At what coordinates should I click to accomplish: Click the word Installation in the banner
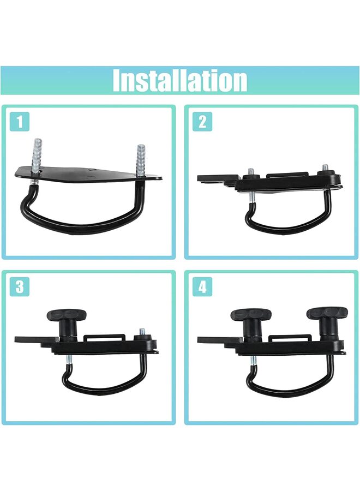[180, 81]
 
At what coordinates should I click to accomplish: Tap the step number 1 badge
[20, 122]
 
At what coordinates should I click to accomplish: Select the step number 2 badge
[203, 122]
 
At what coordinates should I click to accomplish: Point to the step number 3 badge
[20, 286]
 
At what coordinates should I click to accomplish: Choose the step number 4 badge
[203, 286]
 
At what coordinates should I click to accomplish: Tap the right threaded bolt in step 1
[141, 159]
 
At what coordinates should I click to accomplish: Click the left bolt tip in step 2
[251, 172]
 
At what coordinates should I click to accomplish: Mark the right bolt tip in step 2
[325, 167]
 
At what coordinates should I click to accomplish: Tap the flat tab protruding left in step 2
[210, 178]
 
